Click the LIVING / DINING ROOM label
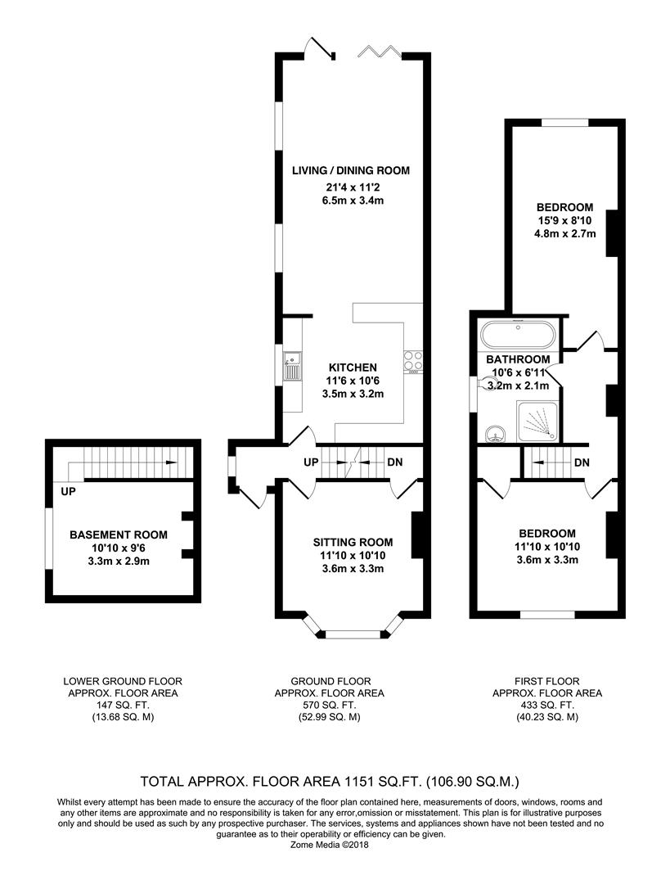pos(350,170)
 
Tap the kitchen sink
pos(292,366)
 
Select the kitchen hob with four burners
pos(414,361)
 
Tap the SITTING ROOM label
pos(353,542)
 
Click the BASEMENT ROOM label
pos(118,534)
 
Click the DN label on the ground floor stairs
pos(393,462)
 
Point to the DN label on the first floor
pos(582,463)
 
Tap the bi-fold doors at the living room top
pos(380,51)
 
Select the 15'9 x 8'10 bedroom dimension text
pos(564,220)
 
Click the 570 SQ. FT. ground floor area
pos(331,705)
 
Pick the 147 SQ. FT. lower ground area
pos(123,705)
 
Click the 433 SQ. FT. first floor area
pos(546,705)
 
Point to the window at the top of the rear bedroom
pos(564,123)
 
